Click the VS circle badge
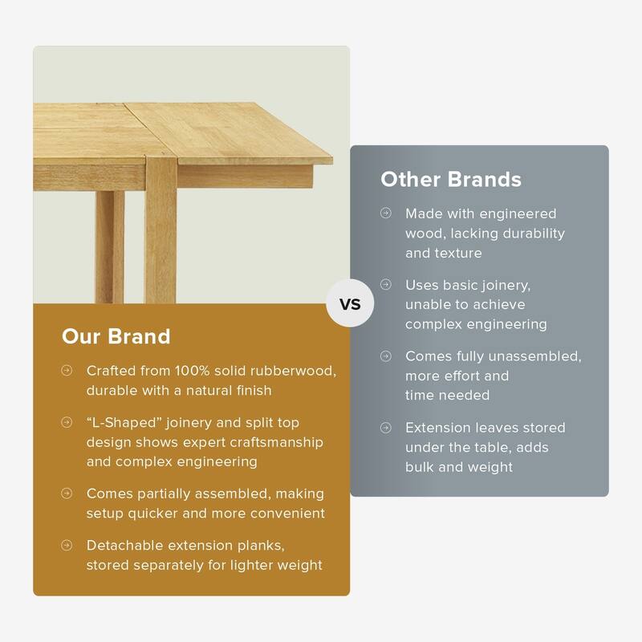(350, 304)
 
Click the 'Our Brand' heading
(116, 335)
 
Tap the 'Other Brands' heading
(451, 178)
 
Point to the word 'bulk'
(423, 467)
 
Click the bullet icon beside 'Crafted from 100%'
(67, 372)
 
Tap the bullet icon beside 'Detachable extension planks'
(67, 545)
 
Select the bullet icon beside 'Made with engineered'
(386, 213)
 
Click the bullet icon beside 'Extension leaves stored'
(386, 428)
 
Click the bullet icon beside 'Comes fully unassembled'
(386, 356)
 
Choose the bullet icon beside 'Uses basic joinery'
(386, 285)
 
